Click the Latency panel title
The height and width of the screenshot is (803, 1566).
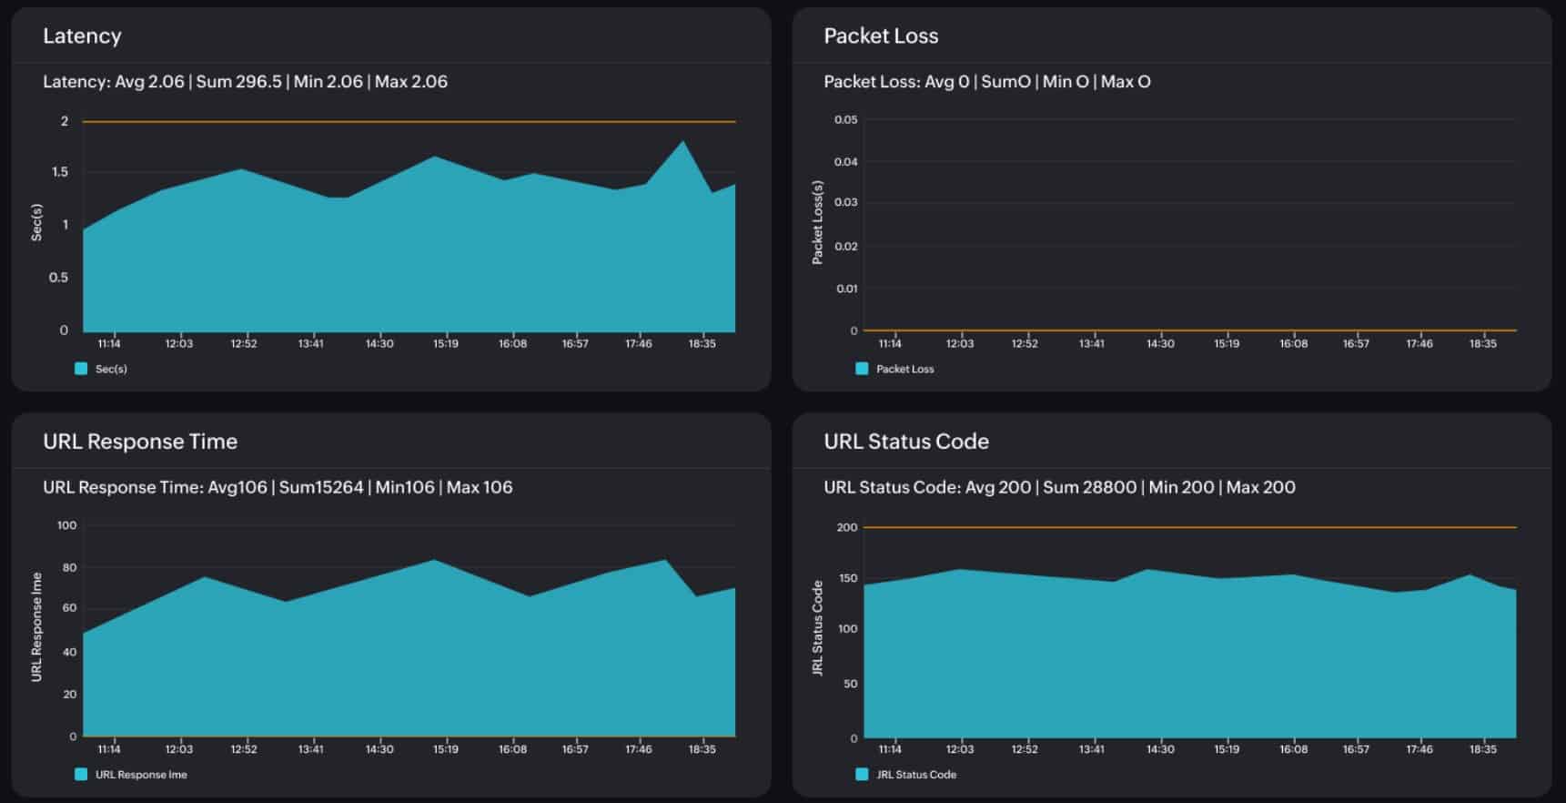pos(82,36)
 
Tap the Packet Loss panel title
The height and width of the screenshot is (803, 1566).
pos(880,36)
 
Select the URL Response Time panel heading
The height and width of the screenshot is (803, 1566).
pos(140,442)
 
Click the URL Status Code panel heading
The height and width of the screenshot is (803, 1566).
pos(905,442)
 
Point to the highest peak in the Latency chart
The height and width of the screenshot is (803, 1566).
pos(683,142)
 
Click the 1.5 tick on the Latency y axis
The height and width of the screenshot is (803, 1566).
pos(60,172)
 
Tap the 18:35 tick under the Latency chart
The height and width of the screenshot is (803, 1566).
pos(702,344)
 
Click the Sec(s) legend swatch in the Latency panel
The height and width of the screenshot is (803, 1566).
pos(81,369)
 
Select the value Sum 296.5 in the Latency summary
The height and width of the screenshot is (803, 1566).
pos(238,82)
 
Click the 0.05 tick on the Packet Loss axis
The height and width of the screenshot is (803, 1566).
pos(845,120)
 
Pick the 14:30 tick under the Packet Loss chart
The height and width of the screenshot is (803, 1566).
pos(1159,344)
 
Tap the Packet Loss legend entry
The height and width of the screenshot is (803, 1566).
pos(904,369)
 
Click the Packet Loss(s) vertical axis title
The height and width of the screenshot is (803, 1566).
pos(817,223)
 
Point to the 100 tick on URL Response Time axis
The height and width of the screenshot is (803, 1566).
pos(66,525)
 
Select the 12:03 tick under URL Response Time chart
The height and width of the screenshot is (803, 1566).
pos(178,749)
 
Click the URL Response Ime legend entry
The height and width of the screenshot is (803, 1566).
pos(140,775)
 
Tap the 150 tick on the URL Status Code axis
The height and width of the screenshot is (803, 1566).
pos(847,578)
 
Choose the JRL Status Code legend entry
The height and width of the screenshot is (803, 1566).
pos(915,775)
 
